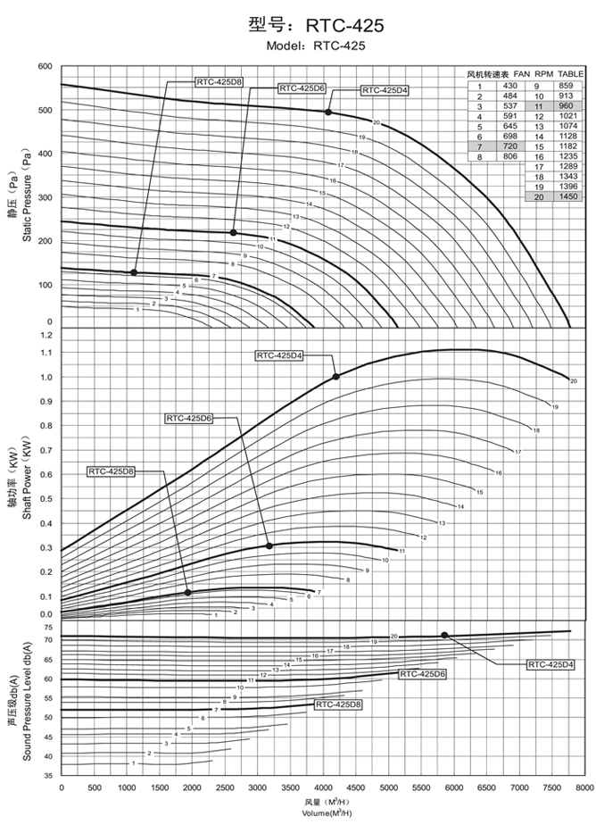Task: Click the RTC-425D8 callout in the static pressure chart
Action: point(219,81)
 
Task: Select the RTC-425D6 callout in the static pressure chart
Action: point(302,88)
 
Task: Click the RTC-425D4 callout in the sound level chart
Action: point(550,664)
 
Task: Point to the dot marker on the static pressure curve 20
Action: point(328,112)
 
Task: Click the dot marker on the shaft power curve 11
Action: point(269,546)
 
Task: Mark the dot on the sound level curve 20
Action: point(444,635)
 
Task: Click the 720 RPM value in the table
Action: point(510,145)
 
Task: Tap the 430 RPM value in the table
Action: point(510,85)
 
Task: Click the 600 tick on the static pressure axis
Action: point(46,67)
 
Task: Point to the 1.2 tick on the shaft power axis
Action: point(46,335)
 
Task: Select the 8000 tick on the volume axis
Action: point(584,788)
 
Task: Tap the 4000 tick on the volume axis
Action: point(323,788)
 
